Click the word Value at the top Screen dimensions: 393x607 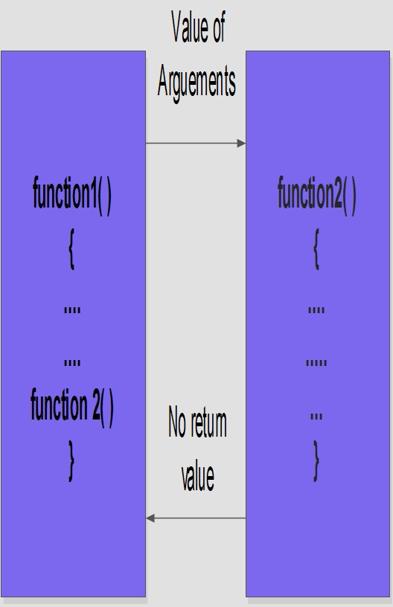tap(189, 27)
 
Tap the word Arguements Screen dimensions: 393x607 tap(196, 82)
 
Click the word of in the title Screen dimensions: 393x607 tap(218, 27)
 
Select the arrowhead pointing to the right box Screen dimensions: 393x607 tap(241, 144)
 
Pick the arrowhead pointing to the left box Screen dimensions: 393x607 tap(150, 518)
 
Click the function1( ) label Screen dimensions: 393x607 tap(72, 194)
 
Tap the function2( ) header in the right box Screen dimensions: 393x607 tap(317, 194)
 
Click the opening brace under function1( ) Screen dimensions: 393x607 tap(71, 248)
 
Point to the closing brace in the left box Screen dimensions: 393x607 tap(71, 460)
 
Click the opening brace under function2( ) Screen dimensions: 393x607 tap(316, 248)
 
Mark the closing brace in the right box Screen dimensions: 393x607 tap(316, 460)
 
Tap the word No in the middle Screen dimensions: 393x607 tap(177, 422)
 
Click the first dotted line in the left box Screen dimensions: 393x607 tap(72, 310)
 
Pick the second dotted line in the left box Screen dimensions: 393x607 tap(72, 363)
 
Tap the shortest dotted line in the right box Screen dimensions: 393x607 tap(316, 417)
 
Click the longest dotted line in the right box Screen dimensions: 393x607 tap(316, 363)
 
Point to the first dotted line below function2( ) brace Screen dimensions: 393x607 tap(316, 310)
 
